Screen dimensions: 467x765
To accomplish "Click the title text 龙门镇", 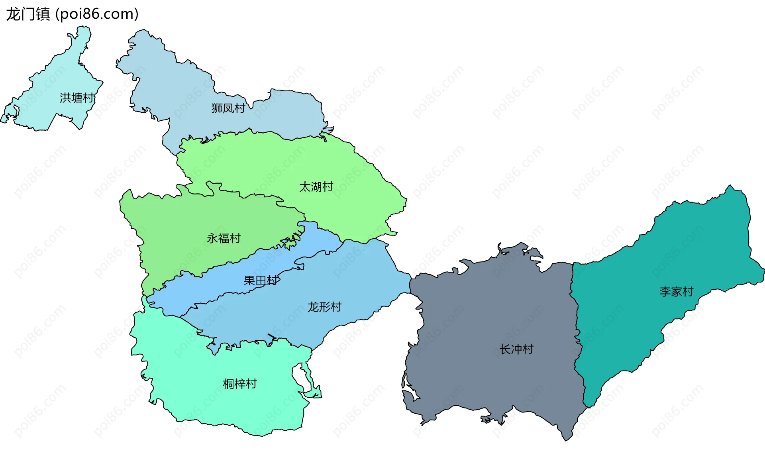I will click(28, 14).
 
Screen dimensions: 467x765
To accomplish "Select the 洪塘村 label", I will click(77, 98).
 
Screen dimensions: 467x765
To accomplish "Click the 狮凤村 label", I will click(228, 108).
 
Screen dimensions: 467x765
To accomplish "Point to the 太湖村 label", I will click(316, 186).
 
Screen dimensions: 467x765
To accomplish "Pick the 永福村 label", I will click(224, 238).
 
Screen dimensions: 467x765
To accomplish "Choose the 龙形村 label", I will click(324, 307).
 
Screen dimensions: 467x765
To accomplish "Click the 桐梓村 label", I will click(239, 384).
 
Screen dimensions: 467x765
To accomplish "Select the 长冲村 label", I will click(516, 349).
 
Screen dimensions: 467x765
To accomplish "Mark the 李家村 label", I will click(676, 292).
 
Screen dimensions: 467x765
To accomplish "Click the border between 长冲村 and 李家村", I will click(576, 319).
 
